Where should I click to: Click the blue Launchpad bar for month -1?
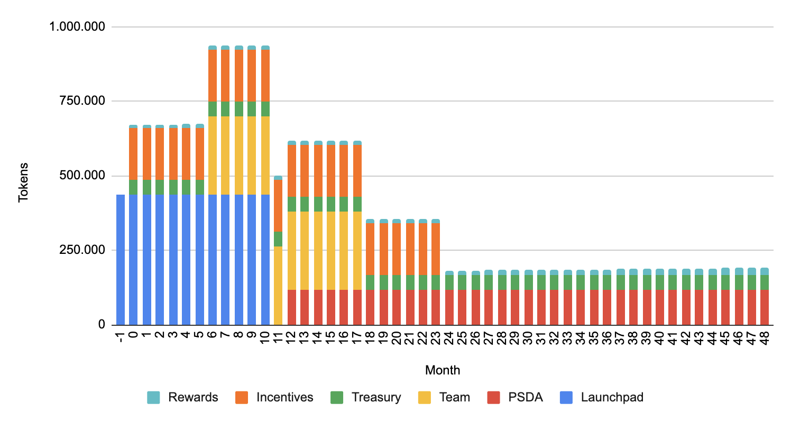click(x=121, y=259)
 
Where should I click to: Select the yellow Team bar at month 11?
click(x=278, y=285)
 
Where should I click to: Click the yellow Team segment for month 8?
click(x=239, y=174)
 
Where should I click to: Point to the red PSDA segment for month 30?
click(x=528, y=307)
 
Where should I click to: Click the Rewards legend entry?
click(x=183, y=397)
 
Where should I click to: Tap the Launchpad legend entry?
click(x=602, y=397)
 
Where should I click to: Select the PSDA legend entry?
click(x=514, y=397)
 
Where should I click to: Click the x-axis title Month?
click(x=443, y=370)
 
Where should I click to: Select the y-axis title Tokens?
click(x=24, y=182)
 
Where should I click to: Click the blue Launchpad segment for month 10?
click(x=265, y=259)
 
